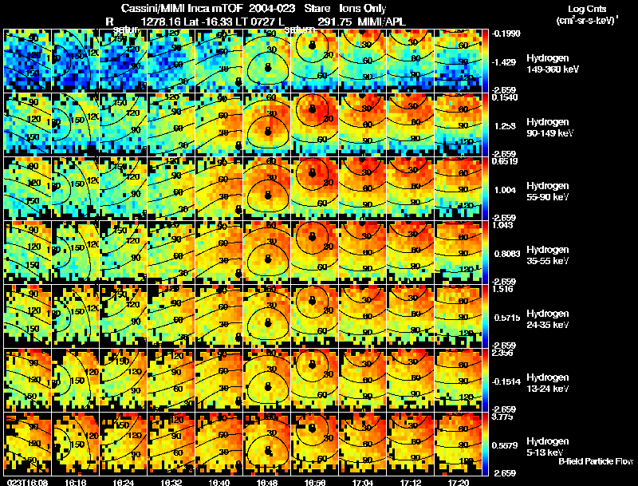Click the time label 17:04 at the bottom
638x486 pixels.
click(x=361, y=482)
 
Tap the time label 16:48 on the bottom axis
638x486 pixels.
click(x=266, y=482)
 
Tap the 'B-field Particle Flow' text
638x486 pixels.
click(x=595, y=461)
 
